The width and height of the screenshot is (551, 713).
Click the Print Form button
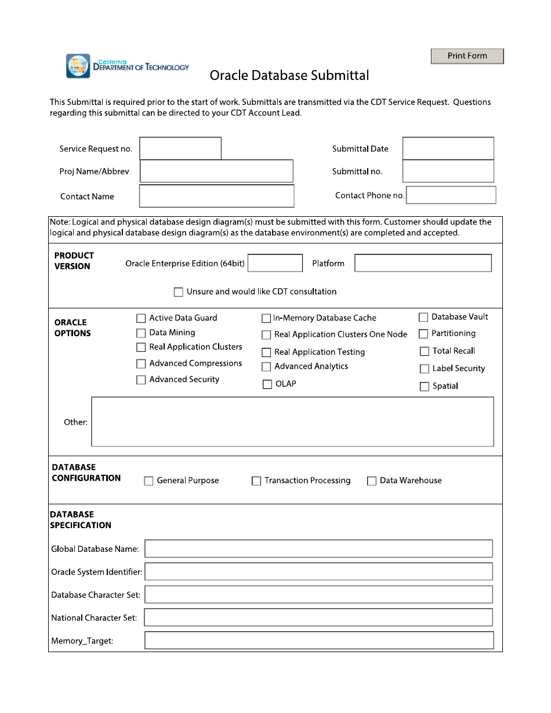click(x=467, y=56)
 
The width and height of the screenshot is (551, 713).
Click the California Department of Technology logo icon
click(x=78, y=66)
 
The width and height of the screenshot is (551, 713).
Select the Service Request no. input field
click(x=180, y=148)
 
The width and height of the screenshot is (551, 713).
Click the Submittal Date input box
click(x=448, y=148)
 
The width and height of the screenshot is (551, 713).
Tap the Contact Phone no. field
click(x=451, y=195)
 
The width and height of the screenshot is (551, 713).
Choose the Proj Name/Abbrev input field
click(x=216, y=172)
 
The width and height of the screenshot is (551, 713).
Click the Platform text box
click(x=423, y=263)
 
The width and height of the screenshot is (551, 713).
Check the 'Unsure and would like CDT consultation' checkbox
click(x=179, y=292)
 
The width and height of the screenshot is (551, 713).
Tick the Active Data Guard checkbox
click(x=141, y=318)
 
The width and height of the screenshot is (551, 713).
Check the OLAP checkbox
click(x=267, y=384)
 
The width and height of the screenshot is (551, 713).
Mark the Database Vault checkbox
click(x=423, y=318)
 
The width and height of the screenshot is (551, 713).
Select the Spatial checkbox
click(x=425, y=387)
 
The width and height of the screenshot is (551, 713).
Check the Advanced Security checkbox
click(x=141, y=380)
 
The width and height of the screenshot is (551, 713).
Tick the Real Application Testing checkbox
click(x=266, y=352)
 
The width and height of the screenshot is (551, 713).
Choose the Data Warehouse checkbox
click(x=372, y=481)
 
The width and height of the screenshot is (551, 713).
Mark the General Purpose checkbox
click(x=149, y=481)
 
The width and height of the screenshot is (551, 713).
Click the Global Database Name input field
click(x=318, y=549)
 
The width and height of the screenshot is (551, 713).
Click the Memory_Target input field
click(x=318, y=641)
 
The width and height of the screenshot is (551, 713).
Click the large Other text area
click(x=292, y=421)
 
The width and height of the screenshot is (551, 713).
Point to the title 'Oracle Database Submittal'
click(x=289, y=75)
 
